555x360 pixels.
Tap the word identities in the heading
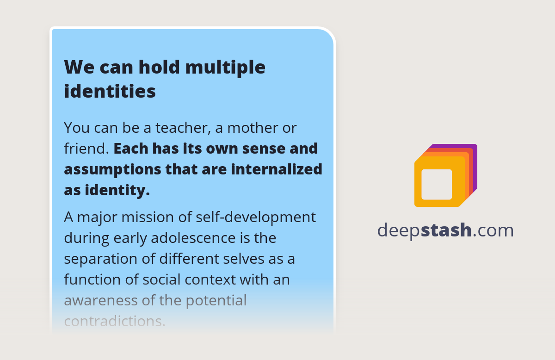pyautogui.click(x=110, y=91)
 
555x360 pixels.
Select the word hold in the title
pyautogui.click(x=158, y=68)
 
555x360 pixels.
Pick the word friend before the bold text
pyautogui.click(x=85, y=149)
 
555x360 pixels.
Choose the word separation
pyautogui.click(x=100, y=259)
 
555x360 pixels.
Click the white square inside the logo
pyautogui.click(x=437, y=184)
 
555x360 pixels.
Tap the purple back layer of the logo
pyautogui.click(x=475, y=153)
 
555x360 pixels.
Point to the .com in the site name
pyautogui.click(x=493, y=230)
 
